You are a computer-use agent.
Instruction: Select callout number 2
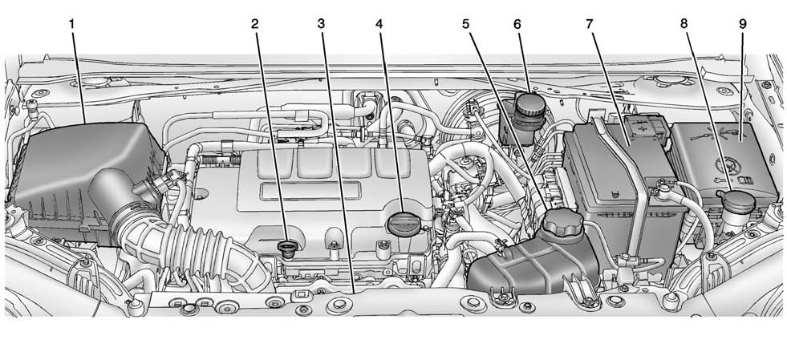pyautogui.click(x=255, y=24)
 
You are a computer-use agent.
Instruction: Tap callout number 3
pyautogui.click(x=321, y=24)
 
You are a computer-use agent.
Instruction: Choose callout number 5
pyautogui.click(x=465, y=24)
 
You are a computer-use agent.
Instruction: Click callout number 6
pyautogui.click(x=517, y=24)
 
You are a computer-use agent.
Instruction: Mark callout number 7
pyautogui.click(x=590, y=24)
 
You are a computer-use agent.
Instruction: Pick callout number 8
pyautogui.click(x=684, y=24)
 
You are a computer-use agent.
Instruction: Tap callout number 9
pyautogui.click(x=741, y=24)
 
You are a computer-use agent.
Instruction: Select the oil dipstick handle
pyautogui.click(x=286, y=245)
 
